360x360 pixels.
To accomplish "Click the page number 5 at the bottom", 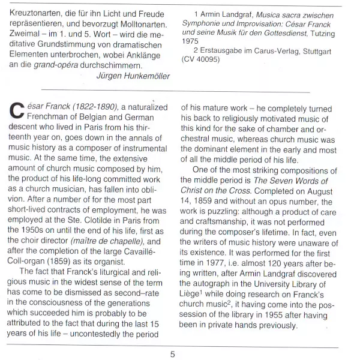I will tap(172, 354).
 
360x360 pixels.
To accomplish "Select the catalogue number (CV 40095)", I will tap(207, 61).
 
